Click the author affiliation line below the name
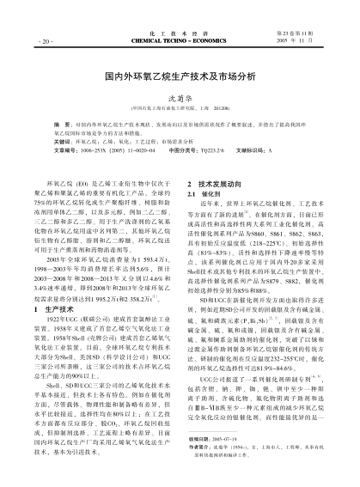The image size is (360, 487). pos(180,108)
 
